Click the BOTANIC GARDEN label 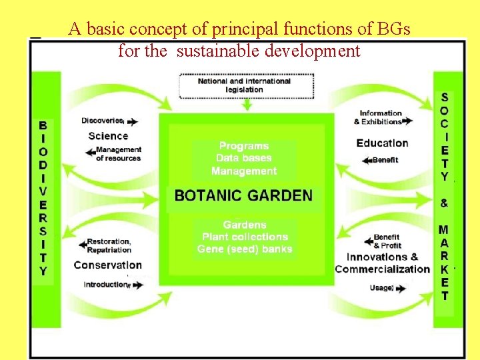click(243, 195)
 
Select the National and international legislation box click(245, 85)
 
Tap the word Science click(108, 136)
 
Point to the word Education click(382, 143)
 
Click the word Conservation click(108, 265)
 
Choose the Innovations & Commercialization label click(382, 263)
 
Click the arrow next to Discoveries click(132, 122)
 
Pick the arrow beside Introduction click(137, 285)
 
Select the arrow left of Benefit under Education click(365, 160)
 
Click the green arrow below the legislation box click(247, 105)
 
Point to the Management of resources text click(118, 154)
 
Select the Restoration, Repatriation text click(109, 245)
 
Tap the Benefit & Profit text click(387, 241)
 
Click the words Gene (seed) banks click(245, 249)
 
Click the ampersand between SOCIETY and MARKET click(444, 203)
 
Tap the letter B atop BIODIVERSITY click(43, 125)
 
